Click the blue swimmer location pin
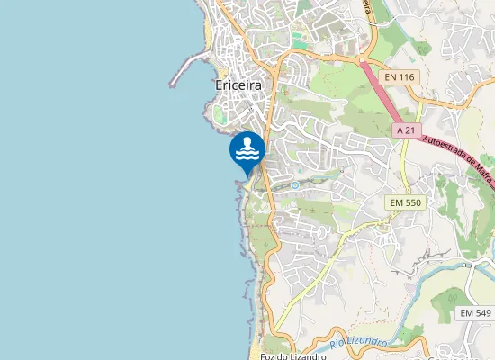[x=247, y=149]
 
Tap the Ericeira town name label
[x=245, y=85]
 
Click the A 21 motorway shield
[x=408, y=130]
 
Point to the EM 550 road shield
[x=406, y=202]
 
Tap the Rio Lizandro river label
[x=357, y=343]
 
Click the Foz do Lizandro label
[x=292, y=356]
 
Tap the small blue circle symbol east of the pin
[x=294, y=185]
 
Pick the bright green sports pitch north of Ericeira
[x=299, y=40]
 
